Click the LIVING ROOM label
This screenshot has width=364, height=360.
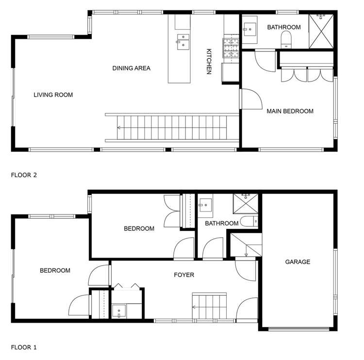53,95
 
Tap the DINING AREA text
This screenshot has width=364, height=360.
131,68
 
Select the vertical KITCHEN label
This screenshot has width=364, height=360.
209,61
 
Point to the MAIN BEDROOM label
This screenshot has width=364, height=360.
290,111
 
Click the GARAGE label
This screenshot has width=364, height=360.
297,262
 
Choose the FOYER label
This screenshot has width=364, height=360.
184,275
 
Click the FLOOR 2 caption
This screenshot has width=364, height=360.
24,175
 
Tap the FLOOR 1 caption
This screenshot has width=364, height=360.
24,347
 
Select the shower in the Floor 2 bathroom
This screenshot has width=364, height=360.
321,30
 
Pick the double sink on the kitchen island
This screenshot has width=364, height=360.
183,42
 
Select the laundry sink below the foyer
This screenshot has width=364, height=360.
119,311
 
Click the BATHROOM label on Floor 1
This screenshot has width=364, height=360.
221,223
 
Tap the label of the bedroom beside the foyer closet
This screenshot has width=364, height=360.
55,271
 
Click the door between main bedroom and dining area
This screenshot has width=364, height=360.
249,99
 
